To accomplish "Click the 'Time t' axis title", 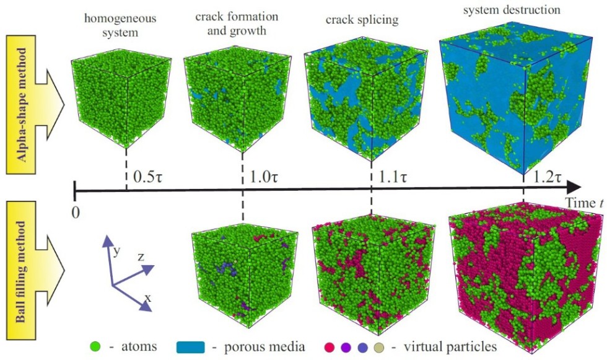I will (x=582, y=203).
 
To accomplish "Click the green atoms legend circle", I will (x=95, y=346).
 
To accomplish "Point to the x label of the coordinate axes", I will (x=147, y=298).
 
